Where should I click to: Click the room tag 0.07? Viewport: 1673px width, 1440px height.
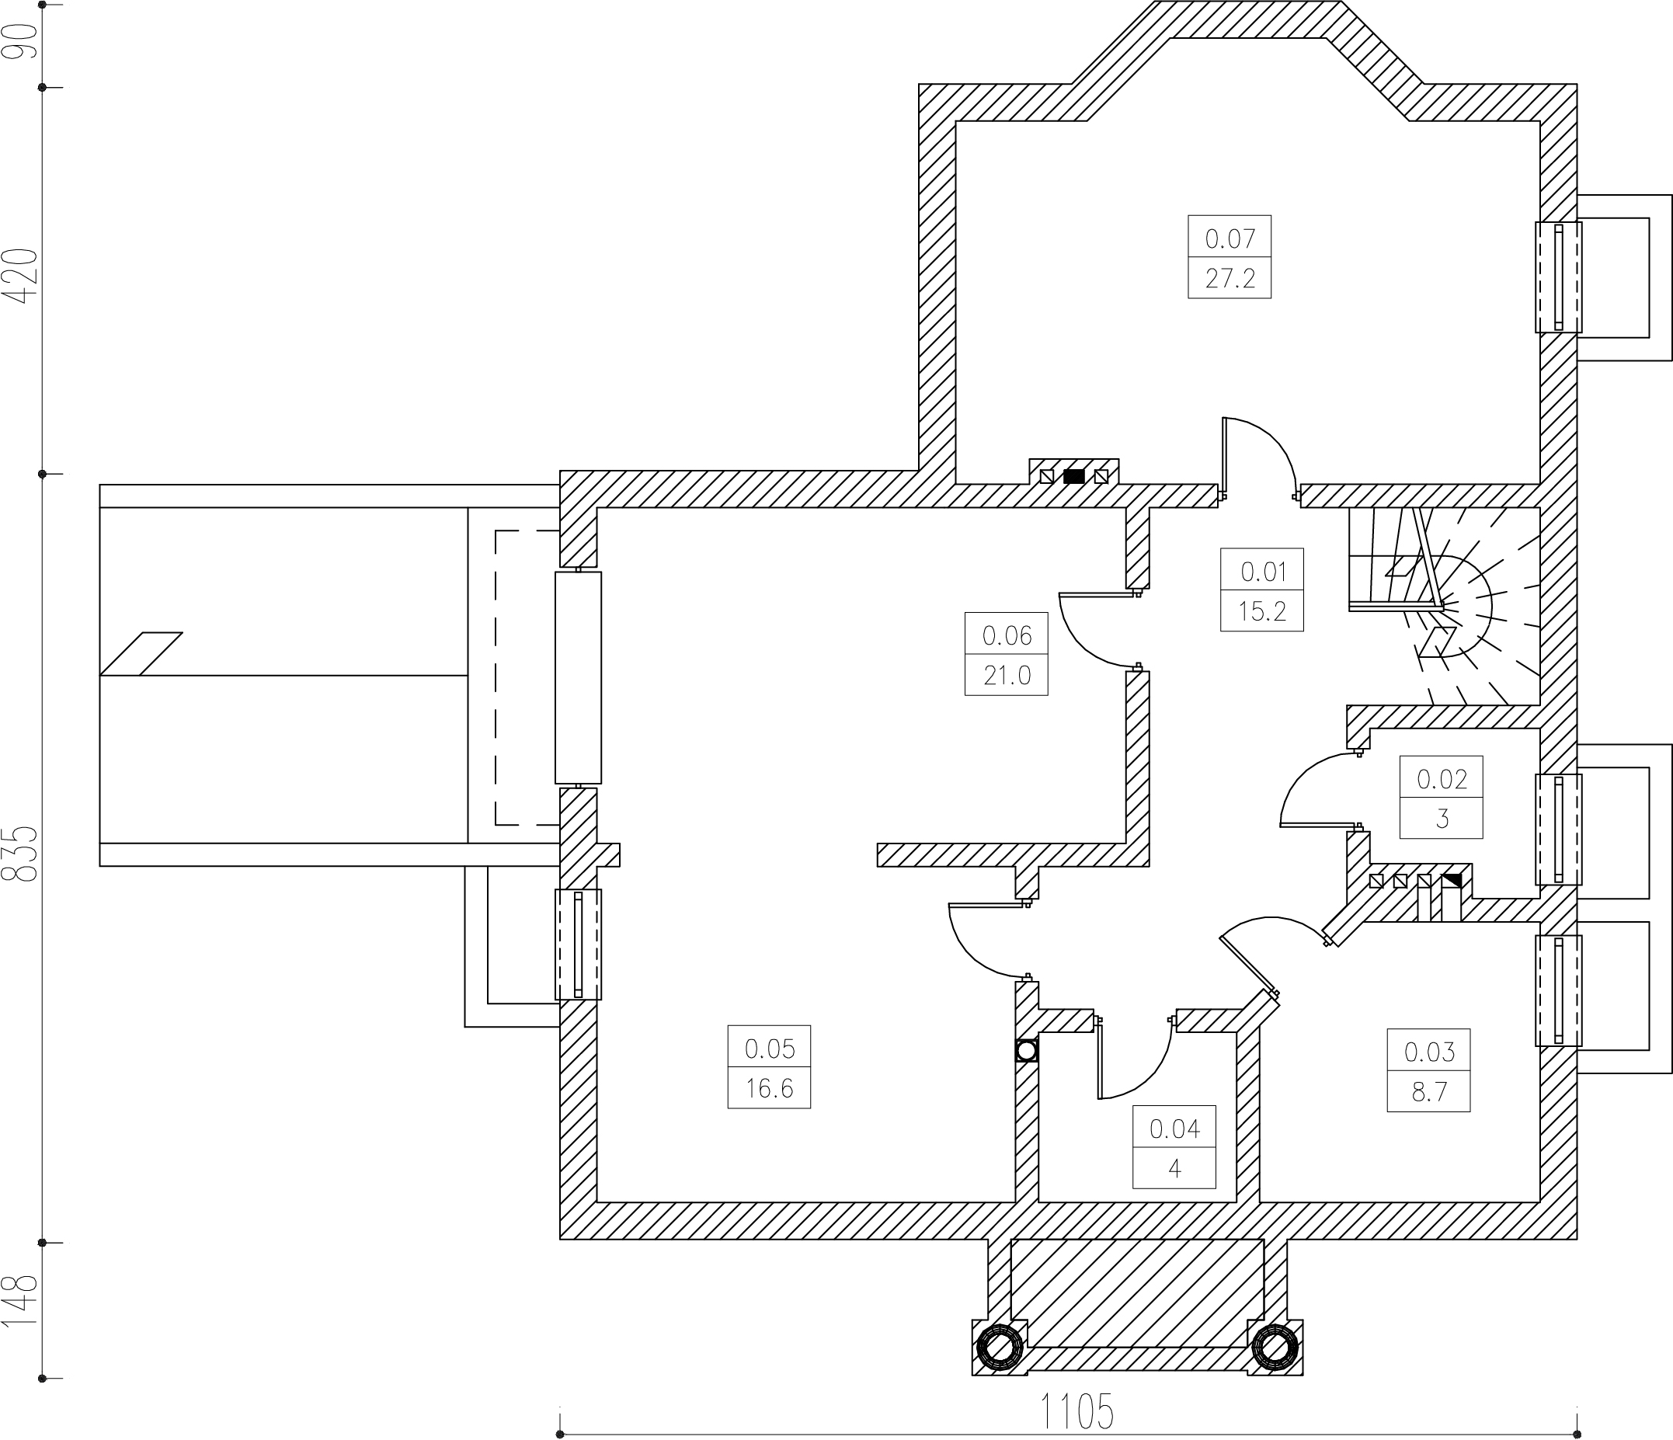[x=1230, y=239]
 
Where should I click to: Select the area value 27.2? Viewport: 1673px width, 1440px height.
[x=1230, y=279]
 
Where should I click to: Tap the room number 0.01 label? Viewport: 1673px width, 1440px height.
[x=1263, y=572]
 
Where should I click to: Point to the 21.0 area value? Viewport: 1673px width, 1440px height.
[x=1007, y=675]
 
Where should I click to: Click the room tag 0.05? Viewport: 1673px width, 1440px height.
[x=770, y=1049]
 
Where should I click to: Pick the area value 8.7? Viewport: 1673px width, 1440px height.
[x=1429, y=1092]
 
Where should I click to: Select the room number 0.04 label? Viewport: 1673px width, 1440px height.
[x=1175, y=1129]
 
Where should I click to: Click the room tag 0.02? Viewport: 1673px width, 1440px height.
[x=1442, y=779]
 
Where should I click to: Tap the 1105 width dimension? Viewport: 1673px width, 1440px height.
[x=1077, y=1411]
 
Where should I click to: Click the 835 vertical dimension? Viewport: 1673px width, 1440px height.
[x=21, y=853]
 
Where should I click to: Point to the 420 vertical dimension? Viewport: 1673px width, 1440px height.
[x=21, y=277]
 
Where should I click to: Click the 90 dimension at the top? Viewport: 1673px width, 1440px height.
[x=21, y=41]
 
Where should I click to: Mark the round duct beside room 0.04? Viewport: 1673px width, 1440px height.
[x=1027, y=1051]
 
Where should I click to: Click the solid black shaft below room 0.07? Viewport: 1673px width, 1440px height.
[x=1074, y=476]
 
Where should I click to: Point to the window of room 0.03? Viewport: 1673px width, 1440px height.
[x=1558, y=990]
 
